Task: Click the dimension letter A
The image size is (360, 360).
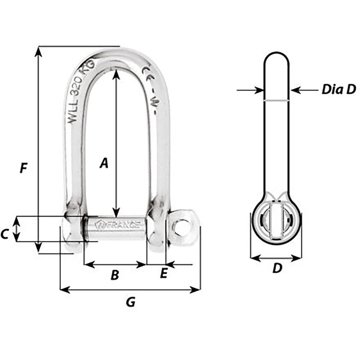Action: click(104, 163)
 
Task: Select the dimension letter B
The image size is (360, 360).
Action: click(114, 275)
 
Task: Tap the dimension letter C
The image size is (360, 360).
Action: click(4, 234)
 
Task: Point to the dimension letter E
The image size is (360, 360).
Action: click(163, 274)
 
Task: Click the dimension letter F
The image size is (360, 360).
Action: click(24, 168)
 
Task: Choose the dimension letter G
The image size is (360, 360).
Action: click(131, 302)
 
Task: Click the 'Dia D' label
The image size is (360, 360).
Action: click(338, 89)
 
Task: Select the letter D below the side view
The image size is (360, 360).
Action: click(276, 268)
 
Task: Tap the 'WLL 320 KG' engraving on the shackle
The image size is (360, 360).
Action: click(81, 93)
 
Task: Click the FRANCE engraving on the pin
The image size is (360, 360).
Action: click(119, 225)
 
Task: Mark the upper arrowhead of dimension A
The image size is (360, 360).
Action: click(116, 73)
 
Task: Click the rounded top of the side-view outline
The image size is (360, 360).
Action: click(276, 54)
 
